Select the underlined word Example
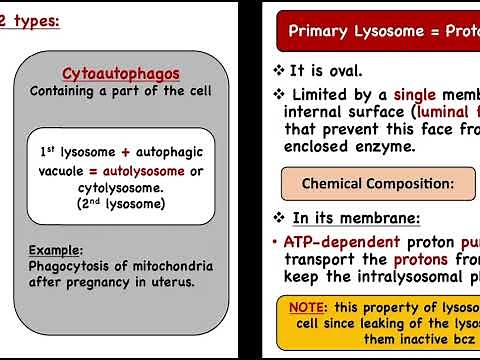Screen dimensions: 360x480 click(55, 249)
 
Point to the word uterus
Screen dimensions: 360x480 click(169, 281)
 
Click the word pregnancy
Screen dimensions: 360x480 click(104, 281)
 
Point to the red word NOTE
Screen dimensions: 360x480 click(307, 307)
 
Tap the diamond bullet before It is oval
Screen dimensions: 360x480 click(279, 71)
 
